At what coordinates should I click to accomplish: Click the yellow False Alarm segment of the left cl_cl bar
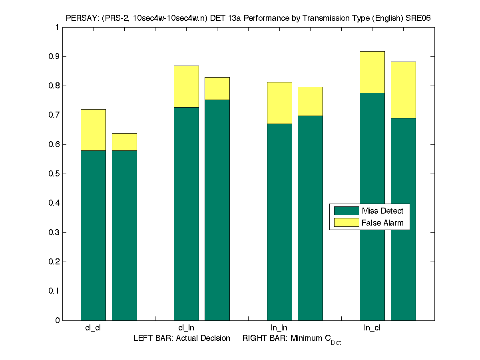click(93, 130)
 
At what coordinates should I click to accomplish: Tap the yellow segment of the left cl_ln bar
click(186, 86)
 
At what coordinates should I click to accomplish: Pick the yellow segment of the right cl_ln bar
click(217, 88)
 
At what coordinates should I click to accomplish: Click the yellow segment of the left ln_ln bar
click(279, 103)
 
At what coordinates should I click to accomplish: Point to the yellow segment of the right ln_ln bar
click(310, 101)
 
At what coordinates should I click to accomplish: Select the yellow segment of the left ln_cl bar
click(372, 72)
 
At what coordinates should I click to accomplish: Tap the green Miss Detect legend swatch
click(346, 211)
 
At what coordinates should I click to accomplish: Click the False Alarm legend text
click(382, 223)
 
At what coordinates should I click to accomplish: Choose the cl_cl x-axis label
click(93, 328)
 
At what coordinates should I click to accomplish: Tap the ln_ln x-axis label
click(279, 328)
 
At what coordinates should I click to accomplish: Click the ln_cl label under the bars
click(372, 328)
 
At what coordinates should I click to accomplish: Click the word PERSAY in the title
click(82, 18)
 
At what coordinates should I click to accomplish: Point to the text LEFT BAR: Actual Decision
click(182, 338)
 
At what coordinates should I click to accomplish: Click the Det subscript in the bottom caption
click(336, 343)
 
